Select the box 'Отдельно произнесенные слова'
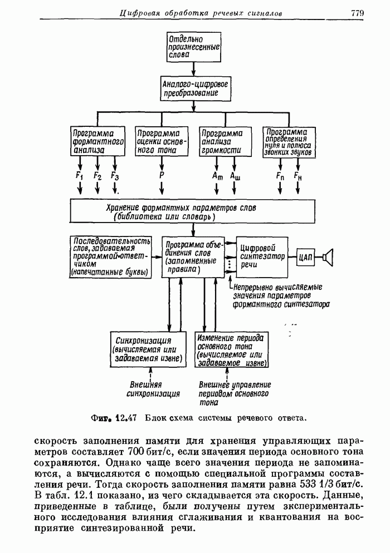pyautogui.click(x=194, y=48)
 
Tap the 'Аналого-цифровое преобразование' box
pyautogui.click(x=194, y=88)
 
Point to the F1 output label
pyautogui.click(x=80, y=176)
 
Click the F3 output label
pyautogui.click(x=115, y=176)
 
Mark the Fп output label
pyautogui.click(x=280, y=176)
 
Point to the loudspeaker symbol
pyautogui.click(x=329, y=256)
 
